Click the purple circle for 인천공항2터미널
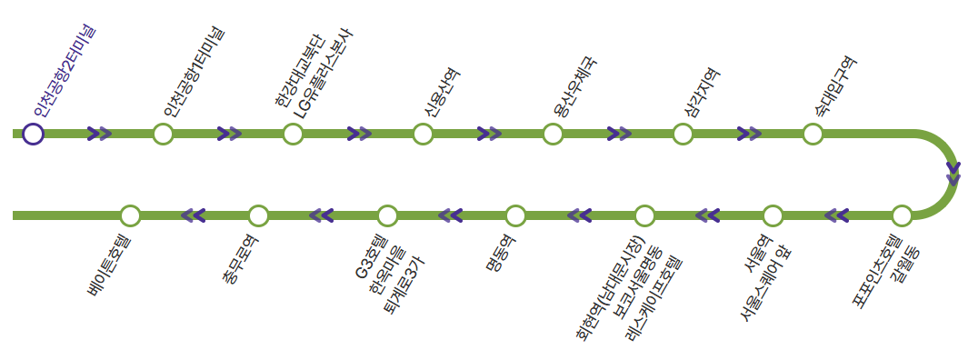[33, 134]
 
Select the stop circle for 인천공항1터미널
[163, 134]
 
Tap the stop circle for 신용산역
[423, 134]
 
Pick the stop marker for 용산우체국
[554, 134]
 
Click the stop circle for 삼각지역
[683, 134]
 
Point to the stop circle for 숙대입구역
[813, 134]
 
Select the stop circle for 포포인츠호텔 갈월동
[902, 215]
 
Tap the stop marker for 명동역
[515, 215]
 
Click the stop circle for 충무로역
[258, 215]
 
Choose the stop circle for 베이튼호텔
[130, 215]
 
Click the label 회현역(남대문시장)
[609, 288]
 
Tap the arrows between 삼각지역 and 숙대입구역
[749, 134]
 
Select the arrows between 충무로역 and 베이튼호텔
[194, 215]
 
